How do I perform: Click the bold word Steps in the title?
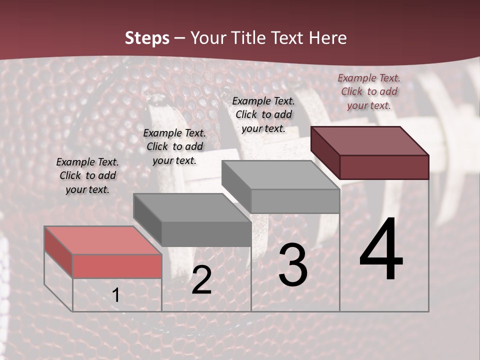tap(147, 38)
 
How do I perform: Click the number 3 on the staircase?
tap(293, 265)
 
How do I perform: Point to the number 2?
tap(201, 280)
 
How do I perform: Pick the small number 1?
tap(116, 295)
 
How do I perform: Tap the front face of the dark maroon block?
tap(384, 167)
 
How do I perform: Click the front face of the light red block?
tap(117, 266)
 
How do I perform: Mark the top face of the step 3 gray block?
tap(280, 174)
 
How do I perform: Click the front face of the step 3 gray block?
tap(295, 201)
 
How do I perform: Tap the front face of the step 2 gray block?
tap(206, 234)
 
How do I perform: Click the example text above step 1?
tap(87, 175)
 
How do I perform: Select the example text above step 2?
tap(174, 146)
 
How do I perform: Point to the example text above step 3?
tap(263, 114)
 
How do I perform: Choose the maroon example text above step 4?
tap(369, 91)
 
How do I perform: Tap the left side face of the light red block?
tap(58, 251)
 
